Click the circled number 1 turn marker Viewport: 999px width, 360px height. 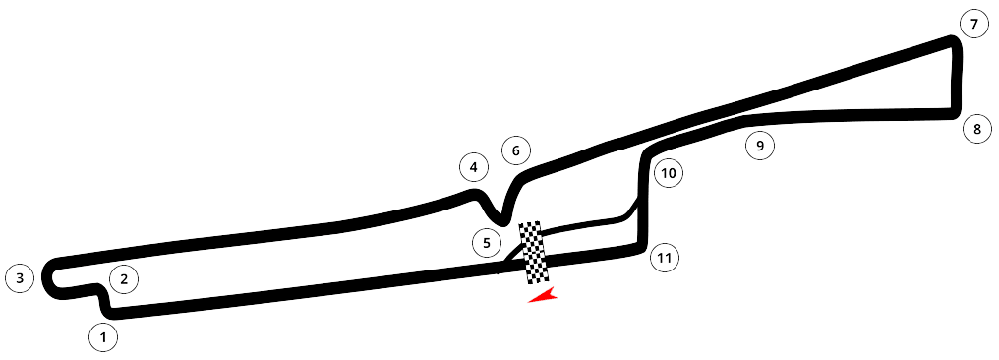104,337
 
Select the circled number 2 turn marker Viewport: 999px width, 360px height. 124,278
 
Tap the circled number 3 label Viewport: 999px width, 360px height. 20,277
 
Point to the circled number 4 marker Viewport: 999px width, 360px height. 473,168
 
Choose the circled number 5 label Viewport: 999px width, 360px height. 487,243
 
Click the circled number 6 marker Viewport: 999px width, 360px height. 516,151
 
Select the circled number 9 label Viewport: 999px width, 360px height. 759,146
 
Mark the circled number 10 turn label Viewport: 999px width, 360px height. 669,173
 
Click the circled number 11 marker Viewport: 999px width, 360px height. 665,258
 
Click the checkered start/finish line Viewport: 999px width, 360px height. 533,253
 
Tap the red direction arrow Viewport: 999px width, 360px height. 544,296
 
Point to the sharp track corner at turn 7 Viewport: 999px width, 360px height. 954,42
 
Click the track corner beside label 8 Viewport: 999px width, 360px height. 955,113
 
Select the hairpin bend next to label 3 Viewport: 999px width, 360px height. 48,276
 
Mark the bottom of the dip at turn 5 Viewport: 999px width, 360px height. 503,221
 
